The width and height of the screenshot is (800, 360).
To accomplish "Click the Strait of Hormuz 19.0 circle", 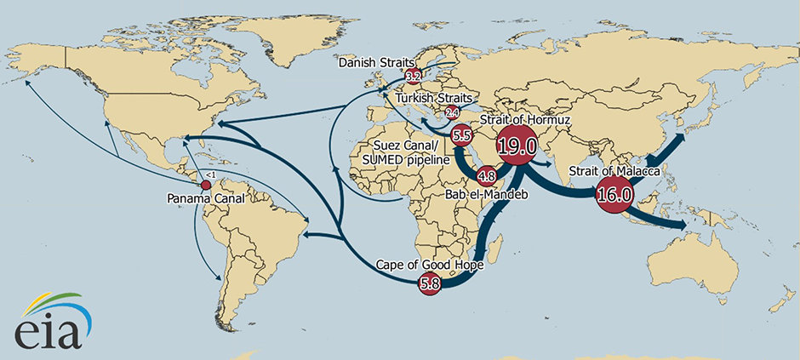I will (517, 147).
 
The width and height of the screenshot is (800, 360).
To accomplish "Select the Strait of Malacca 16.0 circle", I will (614, 195).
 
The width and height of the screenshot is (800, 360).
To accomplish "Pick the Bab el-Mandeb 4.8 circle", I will (487, 177).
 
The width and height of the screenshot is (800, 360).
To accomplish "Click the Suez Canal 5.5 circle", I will (462, 135).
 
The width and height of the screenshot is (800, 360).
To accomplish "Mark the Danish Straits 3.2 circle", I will (414, 77).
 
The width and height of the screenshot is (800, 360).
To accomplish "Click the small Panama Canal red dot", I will (205, 185).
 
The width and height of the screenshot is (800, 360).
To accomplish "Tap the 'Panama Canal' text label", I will (206, 199).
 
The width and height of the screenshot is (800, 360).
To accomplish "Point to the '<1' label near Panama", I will (210, 174).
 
